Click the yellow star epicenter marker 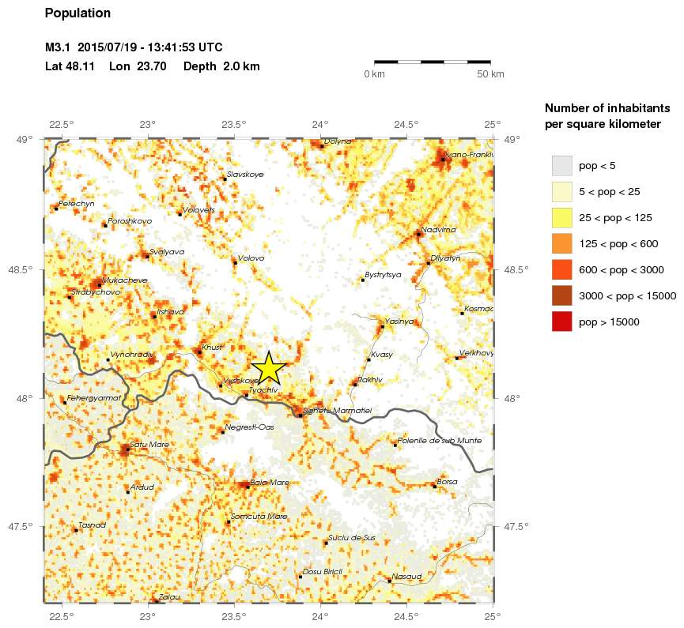click(268, 367)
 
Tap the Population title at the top click(77, 13)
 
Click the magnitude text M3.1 click(59, 49)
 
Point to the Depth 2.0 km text click(221, 66)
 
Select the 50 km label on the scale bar click(491, 74)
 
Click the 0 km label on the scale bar click(374, 74)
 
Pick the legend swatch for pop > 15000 click(561, 322)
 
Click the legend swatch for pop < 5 click(561, 165)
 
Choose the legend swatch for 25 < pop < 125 click(561, 217)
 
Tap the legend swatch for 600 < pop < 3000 click(561, 269)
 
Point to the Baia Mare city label click(270, 482)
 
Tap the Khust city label click(212, 347)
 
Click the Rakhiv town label click(370, 380)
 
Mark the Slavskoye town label click(244, 174)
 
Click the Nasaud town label click(407, 576)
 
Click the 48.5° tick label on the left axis click(27, 269)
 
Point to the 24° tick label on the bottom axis click(319, 615)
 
